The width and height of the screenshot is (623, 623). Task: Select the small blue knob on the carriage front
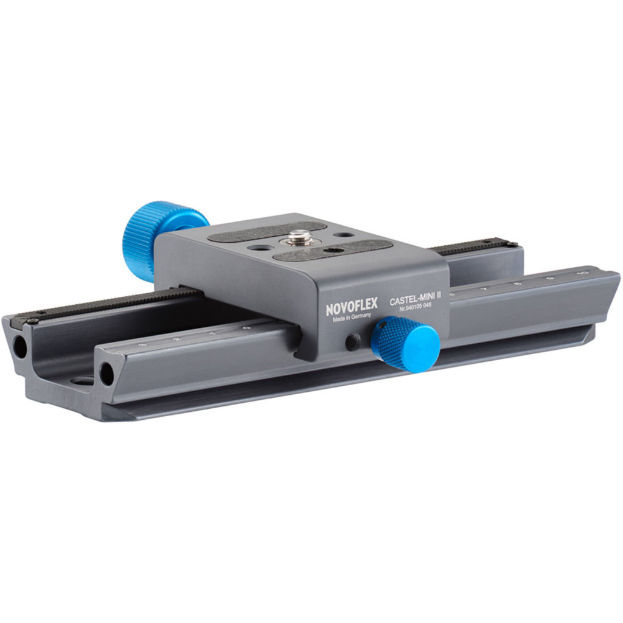406,344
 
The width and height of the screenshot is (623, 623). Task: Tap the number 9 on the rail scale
551,279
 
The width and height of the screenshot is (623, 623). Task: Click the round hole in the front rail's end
106,374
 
